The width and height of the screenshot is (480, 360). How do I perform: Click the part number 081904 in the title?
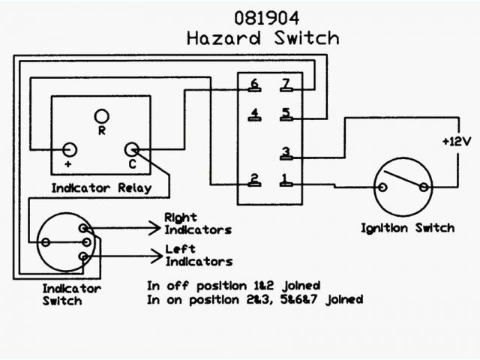point(262,16)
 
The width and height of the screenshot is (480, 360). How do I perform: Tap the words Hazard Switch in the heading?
point(262,37)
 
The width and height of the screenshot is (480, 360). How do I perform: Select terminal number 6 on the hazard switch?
point(256,84)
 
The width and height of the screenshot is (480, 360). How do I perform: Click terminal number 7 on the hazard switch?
point(285,84)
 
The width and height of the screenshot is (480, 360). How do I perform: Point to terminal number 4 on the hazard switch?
point(256,115)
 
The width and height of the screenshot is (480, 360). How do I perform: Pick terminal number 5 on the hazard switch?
point(285,114)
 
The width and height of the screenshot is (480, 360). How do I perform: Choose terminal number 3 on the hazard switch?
point(285,153)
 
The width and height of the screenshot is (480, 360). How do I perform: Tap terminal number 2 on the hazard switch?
point(256,179)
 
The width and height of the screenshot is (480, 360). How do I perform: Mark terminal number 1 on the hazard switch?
point(285,179)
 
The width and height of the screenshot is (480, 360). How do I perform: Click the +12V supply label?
point(454,141)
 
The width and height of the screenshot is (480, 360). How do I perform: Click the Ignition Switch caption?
point(408,227)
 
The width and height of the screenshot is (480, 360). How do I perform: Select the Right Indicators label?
point(197,224)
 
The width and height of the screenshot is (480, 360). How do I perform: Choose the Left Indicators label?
point(197,255)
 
